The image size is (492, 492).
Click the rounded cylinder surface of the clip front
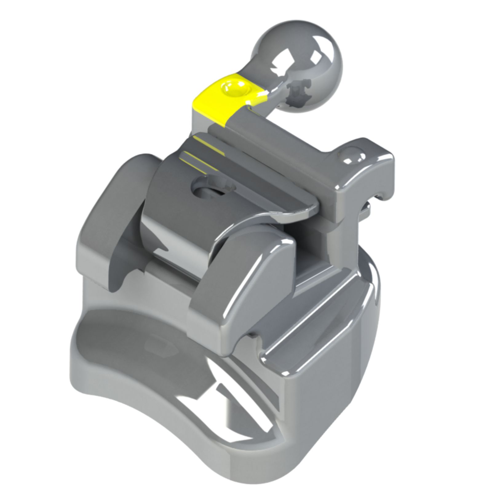click(x=172, y=240)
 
